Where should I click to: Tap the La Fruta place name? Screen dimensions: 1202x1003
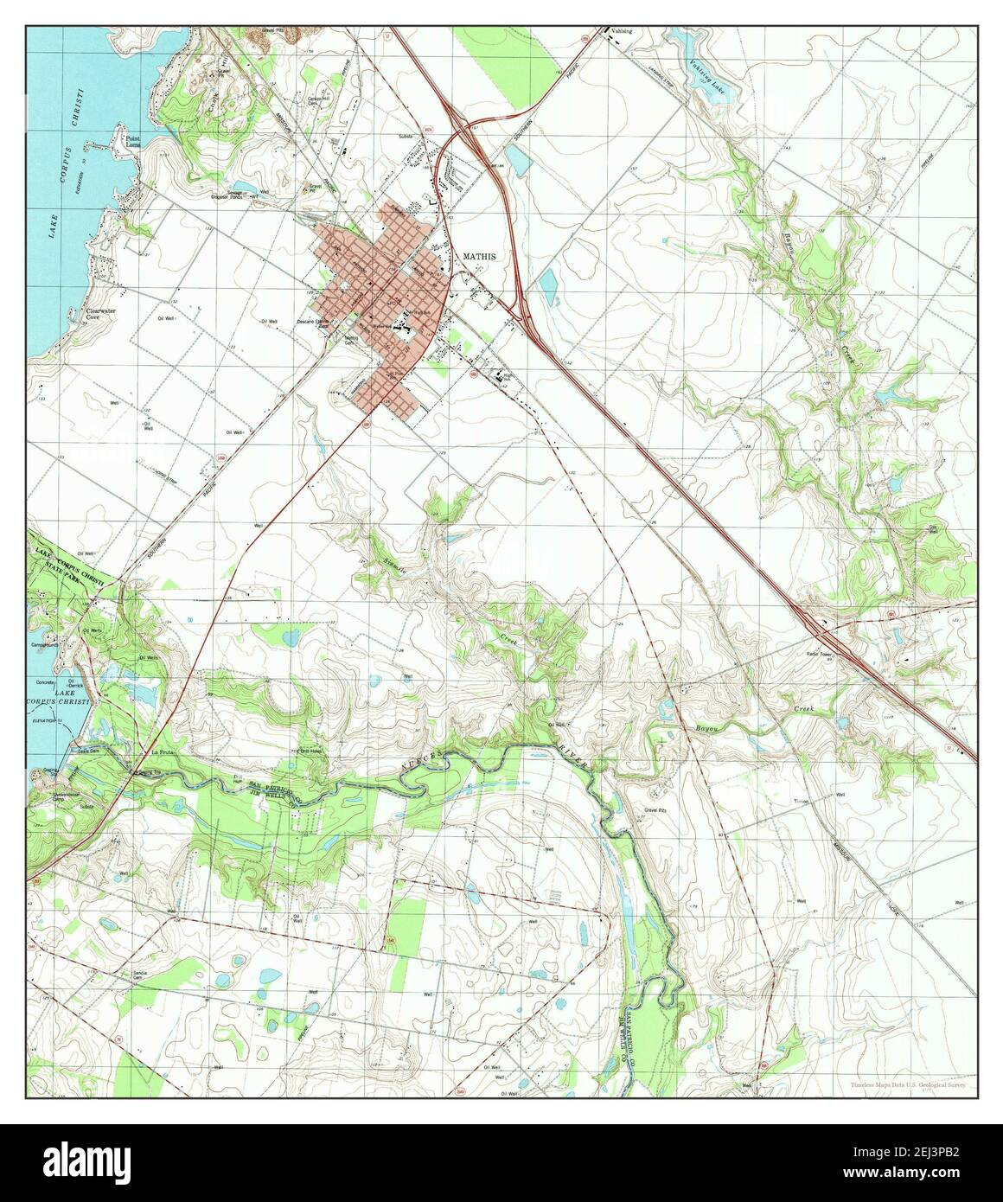coord(163,753)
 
